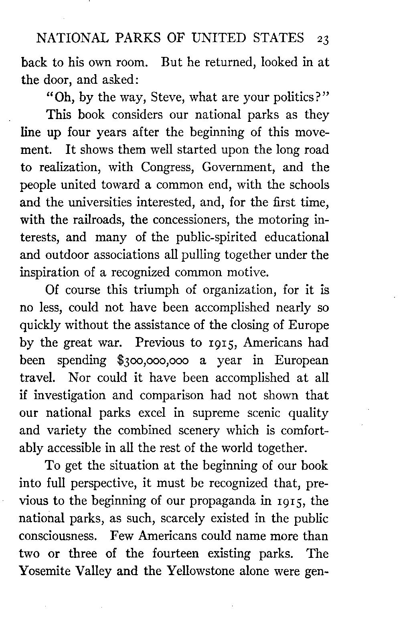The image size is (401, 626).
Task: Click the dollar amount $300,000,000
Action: point(153,360)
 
